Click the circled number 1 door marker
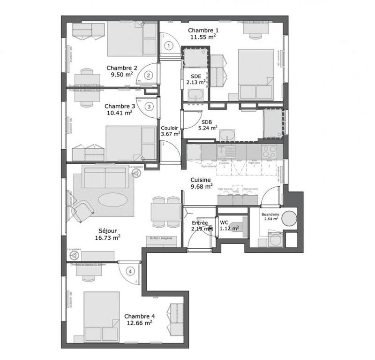pos(170,45)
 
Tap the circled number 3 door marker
pos(149,107)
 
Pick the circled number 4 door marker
pos(130,271)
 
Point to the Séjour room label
pos(108,230)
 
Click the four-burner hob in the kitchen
pos(269,151)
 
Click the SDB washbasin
pos(227,134)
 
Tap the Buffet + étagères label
pos(161,238)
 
